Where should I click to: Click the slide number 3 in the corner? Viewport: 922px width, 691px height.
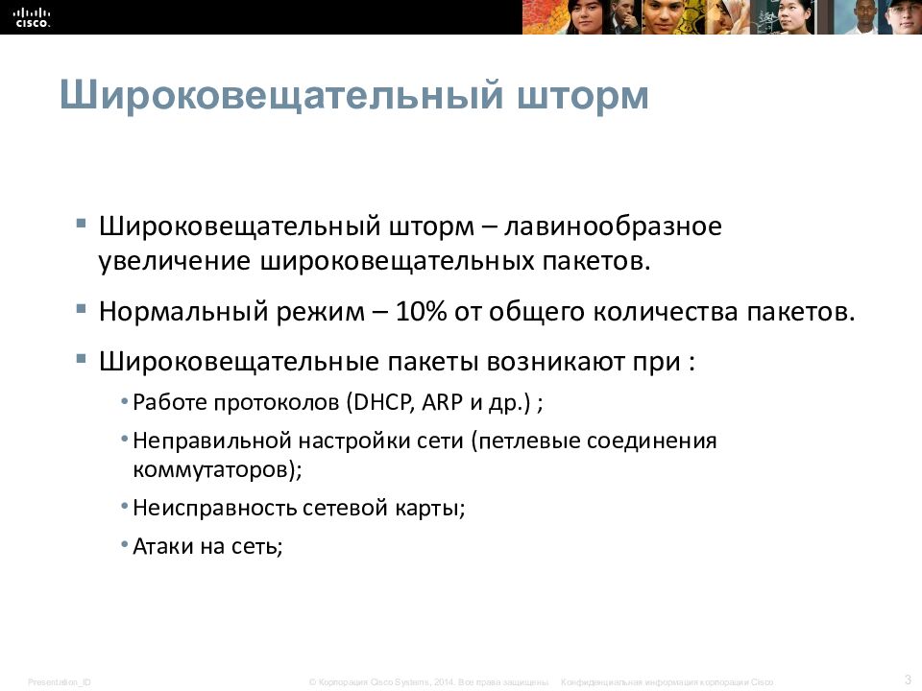pyautogui.click(x=907, y=679)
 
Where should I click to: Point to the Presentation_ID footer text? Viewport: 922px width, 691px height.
pyautogui.click(x=60, y=681)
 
